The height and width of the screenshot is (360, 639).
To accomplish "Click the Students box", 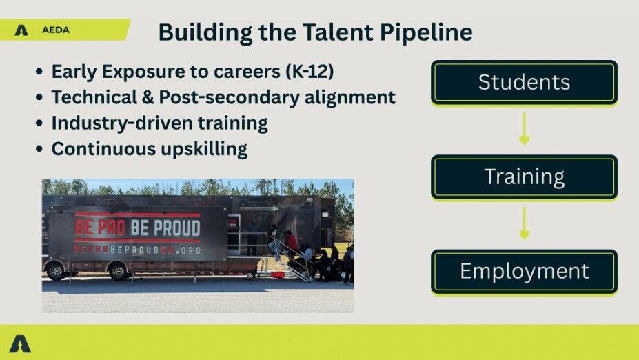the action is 524,83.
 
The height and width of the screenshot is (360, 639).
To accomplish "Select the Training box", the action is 524,177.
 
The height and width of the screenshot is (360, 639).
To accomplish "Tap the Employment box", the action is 524,272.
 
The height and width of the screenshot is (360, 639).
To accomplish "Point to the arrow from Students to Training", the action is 525,128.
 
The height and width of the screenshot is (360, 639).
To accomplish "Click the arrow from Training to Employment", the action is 525,223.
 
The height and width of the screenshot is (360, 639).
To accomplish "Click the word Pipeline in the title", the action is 426,32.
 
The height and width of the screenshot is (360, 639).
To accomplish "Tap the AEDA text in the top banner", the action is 55,30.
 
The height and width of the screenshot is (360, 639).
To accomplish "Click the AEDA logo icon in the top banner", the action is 21,30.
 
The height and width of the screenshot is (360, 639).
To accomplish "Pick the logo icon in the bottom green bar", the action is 20,343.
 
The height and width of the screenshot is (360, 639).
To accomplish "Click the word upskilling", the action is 204,149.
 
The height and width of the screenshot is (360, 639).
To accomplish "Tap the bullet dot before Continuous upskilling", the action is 39,148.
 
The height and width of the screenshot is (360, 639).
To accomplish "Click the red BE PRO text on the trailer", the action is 100,228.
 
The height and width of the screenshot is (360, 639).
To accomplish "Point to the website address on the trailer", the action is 138,249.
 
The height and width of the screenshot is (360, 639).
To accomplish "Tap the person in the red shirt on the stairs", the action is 292,243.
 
